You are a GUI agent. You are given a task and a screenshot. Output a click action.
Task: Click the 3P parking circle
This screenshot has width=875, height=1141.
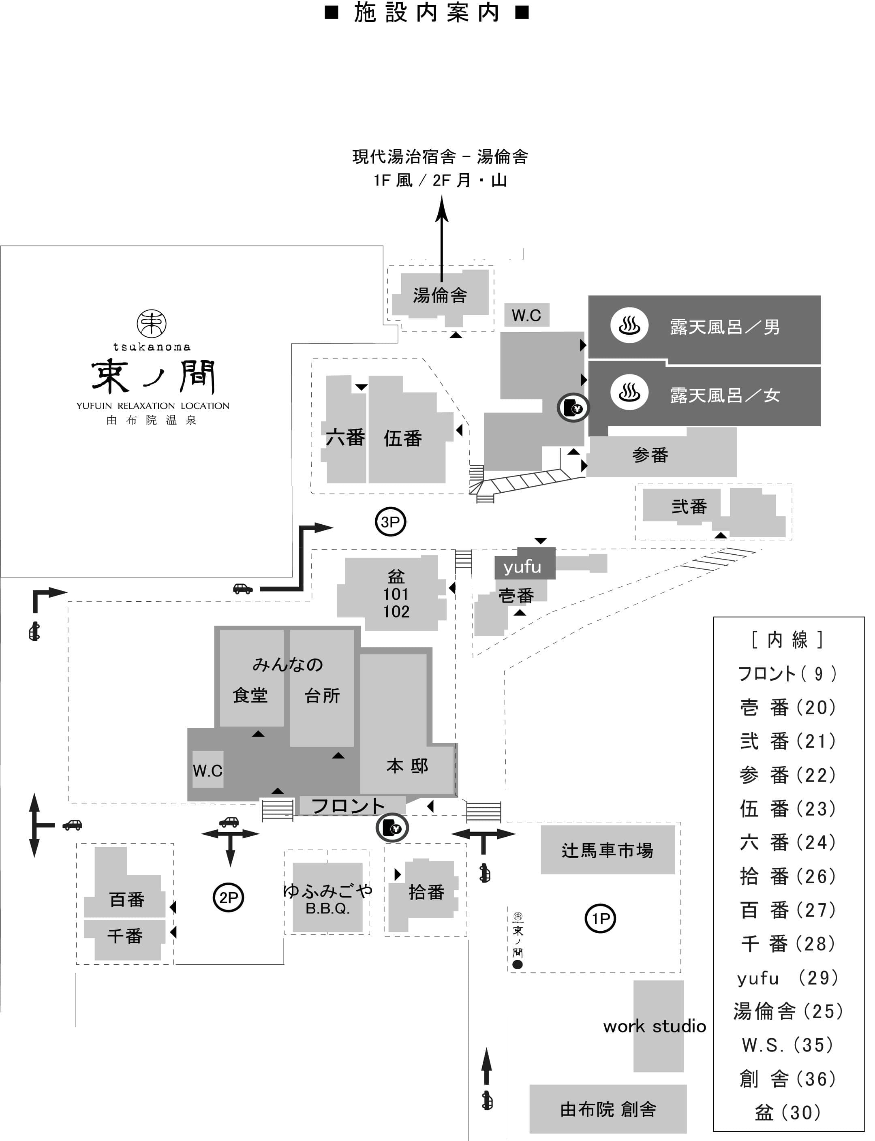pyautogui.click(x=390, y=522)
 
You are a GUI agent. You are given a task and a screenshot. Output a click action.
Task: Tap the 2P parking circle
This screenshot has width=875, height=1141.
pyautogui.click(x=228, y=897)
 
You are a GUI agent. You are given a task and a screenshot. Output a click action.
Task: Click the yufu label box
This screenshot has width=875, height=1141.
pyautogui.click(x=522, y=566)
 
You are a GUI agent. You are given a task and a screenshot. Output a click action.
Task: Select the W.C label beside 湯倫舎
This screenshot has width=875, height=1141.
pyautogui.click(x=526, y=315)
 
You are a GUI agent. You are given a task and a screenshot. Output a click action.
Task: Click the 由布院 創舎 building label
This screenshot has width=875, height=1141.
pyautogui.click(x=608, y=1110)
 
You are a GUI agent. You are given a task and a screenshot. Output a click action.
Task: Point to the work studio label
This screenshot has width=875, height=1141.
pyautogui.click(x=654, y=1026)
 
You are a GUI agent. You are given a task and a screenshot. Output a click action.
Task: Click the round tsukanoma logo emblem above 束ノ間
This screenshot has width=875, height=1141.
pyautogui.click(x=152, y=323)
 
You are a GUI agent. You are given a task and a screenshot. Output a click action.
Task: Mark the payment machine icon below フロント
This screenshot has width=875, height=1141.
pyautogui.click(x=392, y=827)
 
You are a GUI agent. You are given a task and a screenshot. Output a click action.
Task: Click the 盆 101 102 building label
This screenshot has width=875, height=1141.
pyautogui.click(x=396, y=594)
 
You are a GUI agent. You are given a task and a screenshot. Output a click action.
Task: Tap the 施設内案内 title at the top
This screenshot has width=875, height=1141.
pyautogui.click(x=427, y=13)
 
